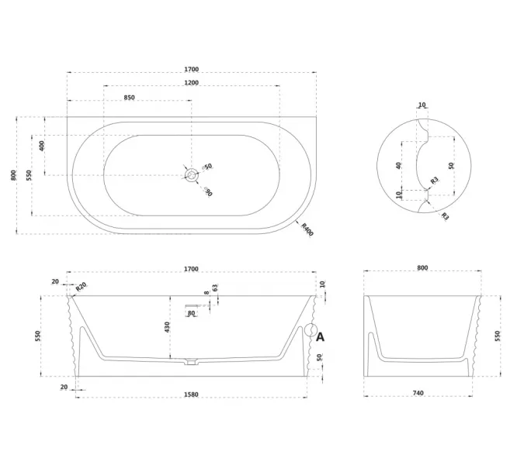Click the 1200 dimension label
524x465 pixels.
coord(192,83)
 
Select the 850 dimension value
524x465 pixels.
coord(130,98)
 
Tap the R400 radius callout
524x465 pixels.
coord(307,230)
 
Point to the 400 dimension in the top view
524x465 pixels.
coord(42,146)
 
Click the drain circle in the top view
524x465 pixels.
coord(192,175)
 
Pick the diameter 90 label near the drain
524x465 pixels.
coord(207,191)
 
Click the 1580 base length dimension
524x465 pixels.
coord(191,394)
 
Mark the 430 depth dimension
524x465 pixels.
coord(167,327)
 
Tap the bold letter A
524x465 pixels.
coord(320,337)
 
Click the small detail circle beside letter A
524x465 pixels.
coord(311,330)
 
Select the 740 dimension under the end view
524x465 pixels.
coord(418,393)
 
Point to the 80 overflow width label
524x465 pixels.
coord(191,313)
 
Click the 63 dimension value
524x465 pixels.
coord(215,288)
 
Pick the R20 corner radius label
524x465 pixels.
coord(81,287)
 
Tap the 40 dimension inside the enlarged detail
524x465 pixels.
coord(398,166)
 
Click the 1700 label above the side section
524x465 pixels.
coord(191,269)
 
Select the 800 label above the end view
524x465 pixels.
coord(422,268)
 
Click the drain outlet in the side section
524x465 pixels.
coord(191,362)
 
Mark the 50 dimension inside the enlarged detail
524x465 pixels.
coord(451,166)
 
